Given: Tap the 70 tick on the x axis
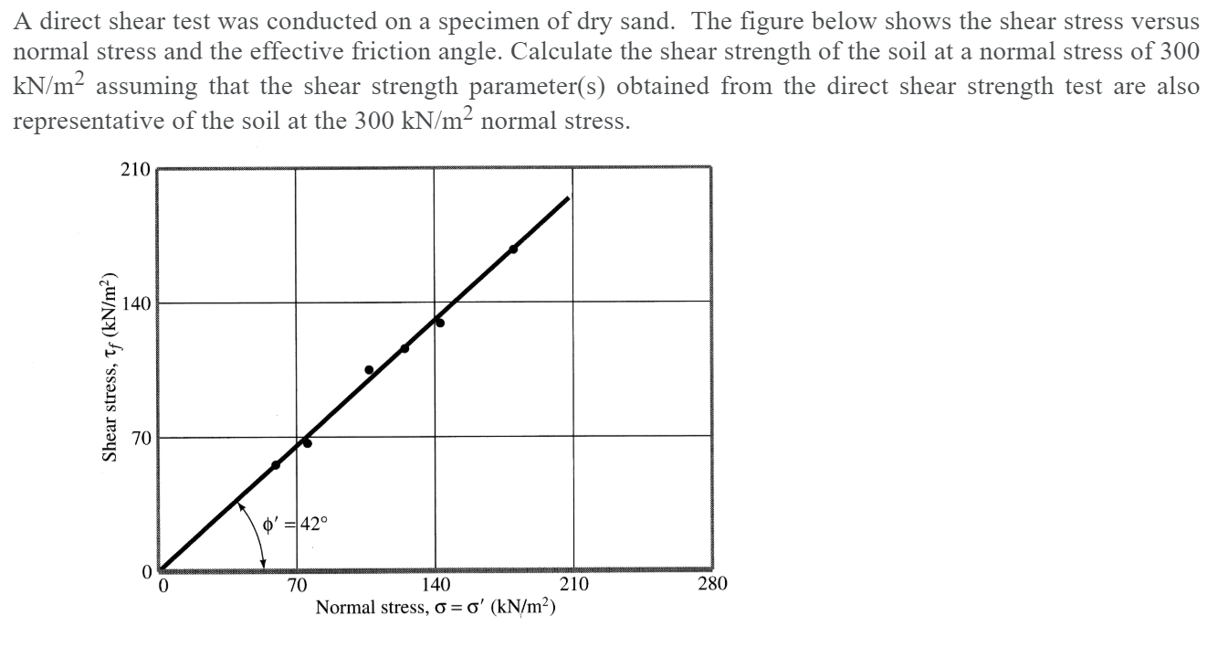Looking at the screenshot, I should click(297, 585).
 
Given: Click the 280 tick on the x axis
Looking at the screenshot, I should click(712, 585).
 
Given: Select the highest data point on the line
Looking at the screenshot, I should click(513, 249).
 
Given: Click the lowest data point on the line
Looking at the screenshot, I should click(276, 465).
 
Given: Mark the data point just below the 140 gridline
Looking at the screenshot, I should click(440, 322).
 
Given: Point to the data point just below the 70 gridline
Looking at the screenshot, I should click(308, 443).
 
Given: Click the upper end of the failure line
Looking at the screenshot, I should click(568, 197).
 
